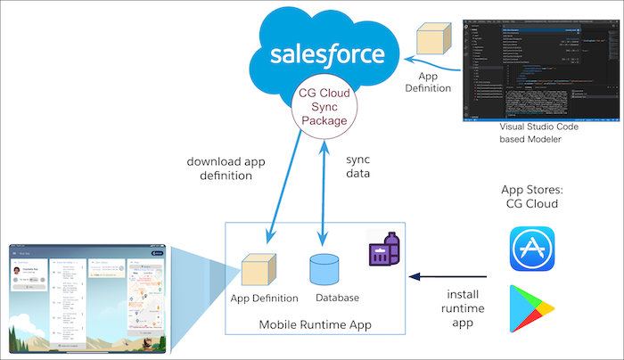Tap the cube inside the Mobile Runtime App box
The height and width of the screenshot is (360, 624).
coord(258,271)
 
